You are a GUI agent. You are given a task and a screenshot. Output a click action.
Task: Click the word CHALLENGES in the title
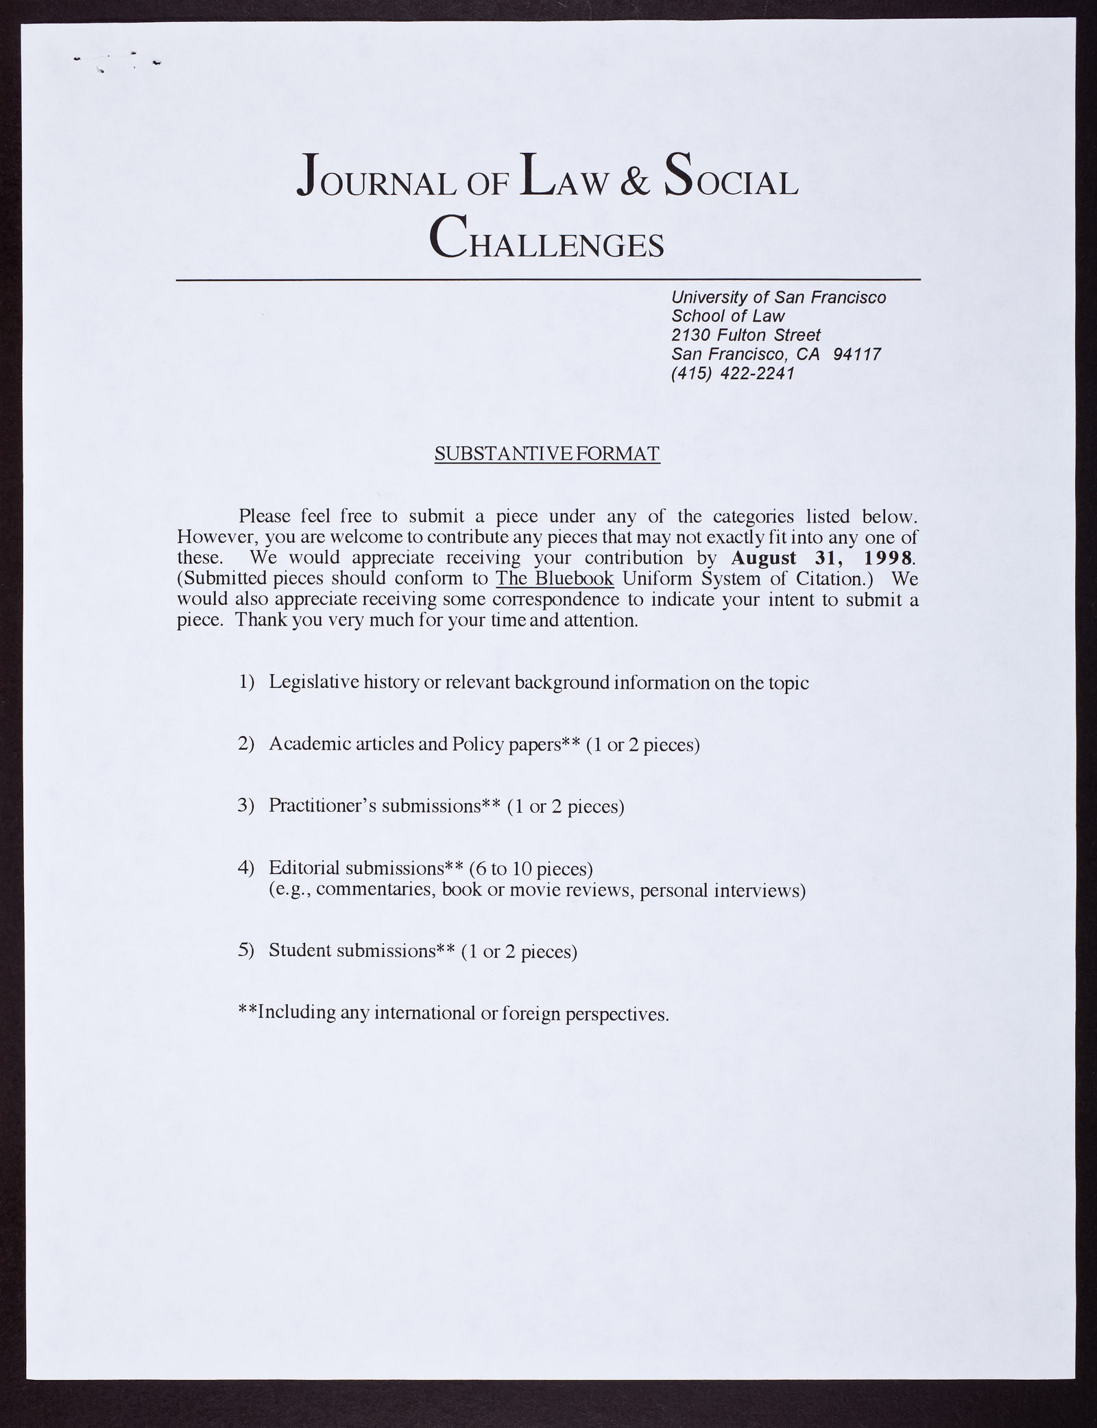[x=546, y=237]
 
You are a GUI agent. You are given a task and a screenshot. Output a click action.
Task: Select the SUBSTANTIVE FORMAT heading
[x=547, y=454]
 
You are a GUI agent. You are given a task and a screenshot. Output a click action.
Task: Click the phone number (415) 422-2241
[x=732, y=374]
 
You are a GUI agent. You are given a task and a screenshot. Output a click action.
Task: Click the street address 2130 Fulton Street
[x=745, y=335]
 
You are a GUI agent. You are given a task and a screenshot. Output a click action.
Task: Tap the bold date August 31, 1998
[x=823, y=557]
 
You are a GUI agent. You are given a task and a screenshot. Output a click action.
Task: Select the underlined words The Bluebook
[x=554, y=578]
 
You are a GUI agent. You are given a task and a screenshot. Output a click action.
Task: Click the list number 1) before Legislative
[x=246, y=682]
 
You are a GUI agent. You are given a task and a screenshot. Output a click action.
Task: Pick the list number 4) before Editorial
[x=246, y=868]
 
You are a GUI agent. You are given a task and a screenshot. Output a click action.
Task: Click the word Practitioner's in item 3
[x=322, y=805]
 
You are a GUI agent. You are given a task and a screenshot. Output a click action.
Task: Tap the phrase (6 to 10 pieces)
[x=531, y=869]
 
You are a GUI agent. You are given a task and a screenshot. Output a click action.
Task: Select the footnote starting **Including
[x=453, y=1013]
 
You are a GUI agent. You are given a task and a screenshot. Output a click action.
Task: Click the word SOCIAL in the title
[x=731, y=179]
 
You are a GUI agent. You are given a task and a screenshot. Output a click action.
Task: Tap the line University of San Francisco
[x=778, y=297]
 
